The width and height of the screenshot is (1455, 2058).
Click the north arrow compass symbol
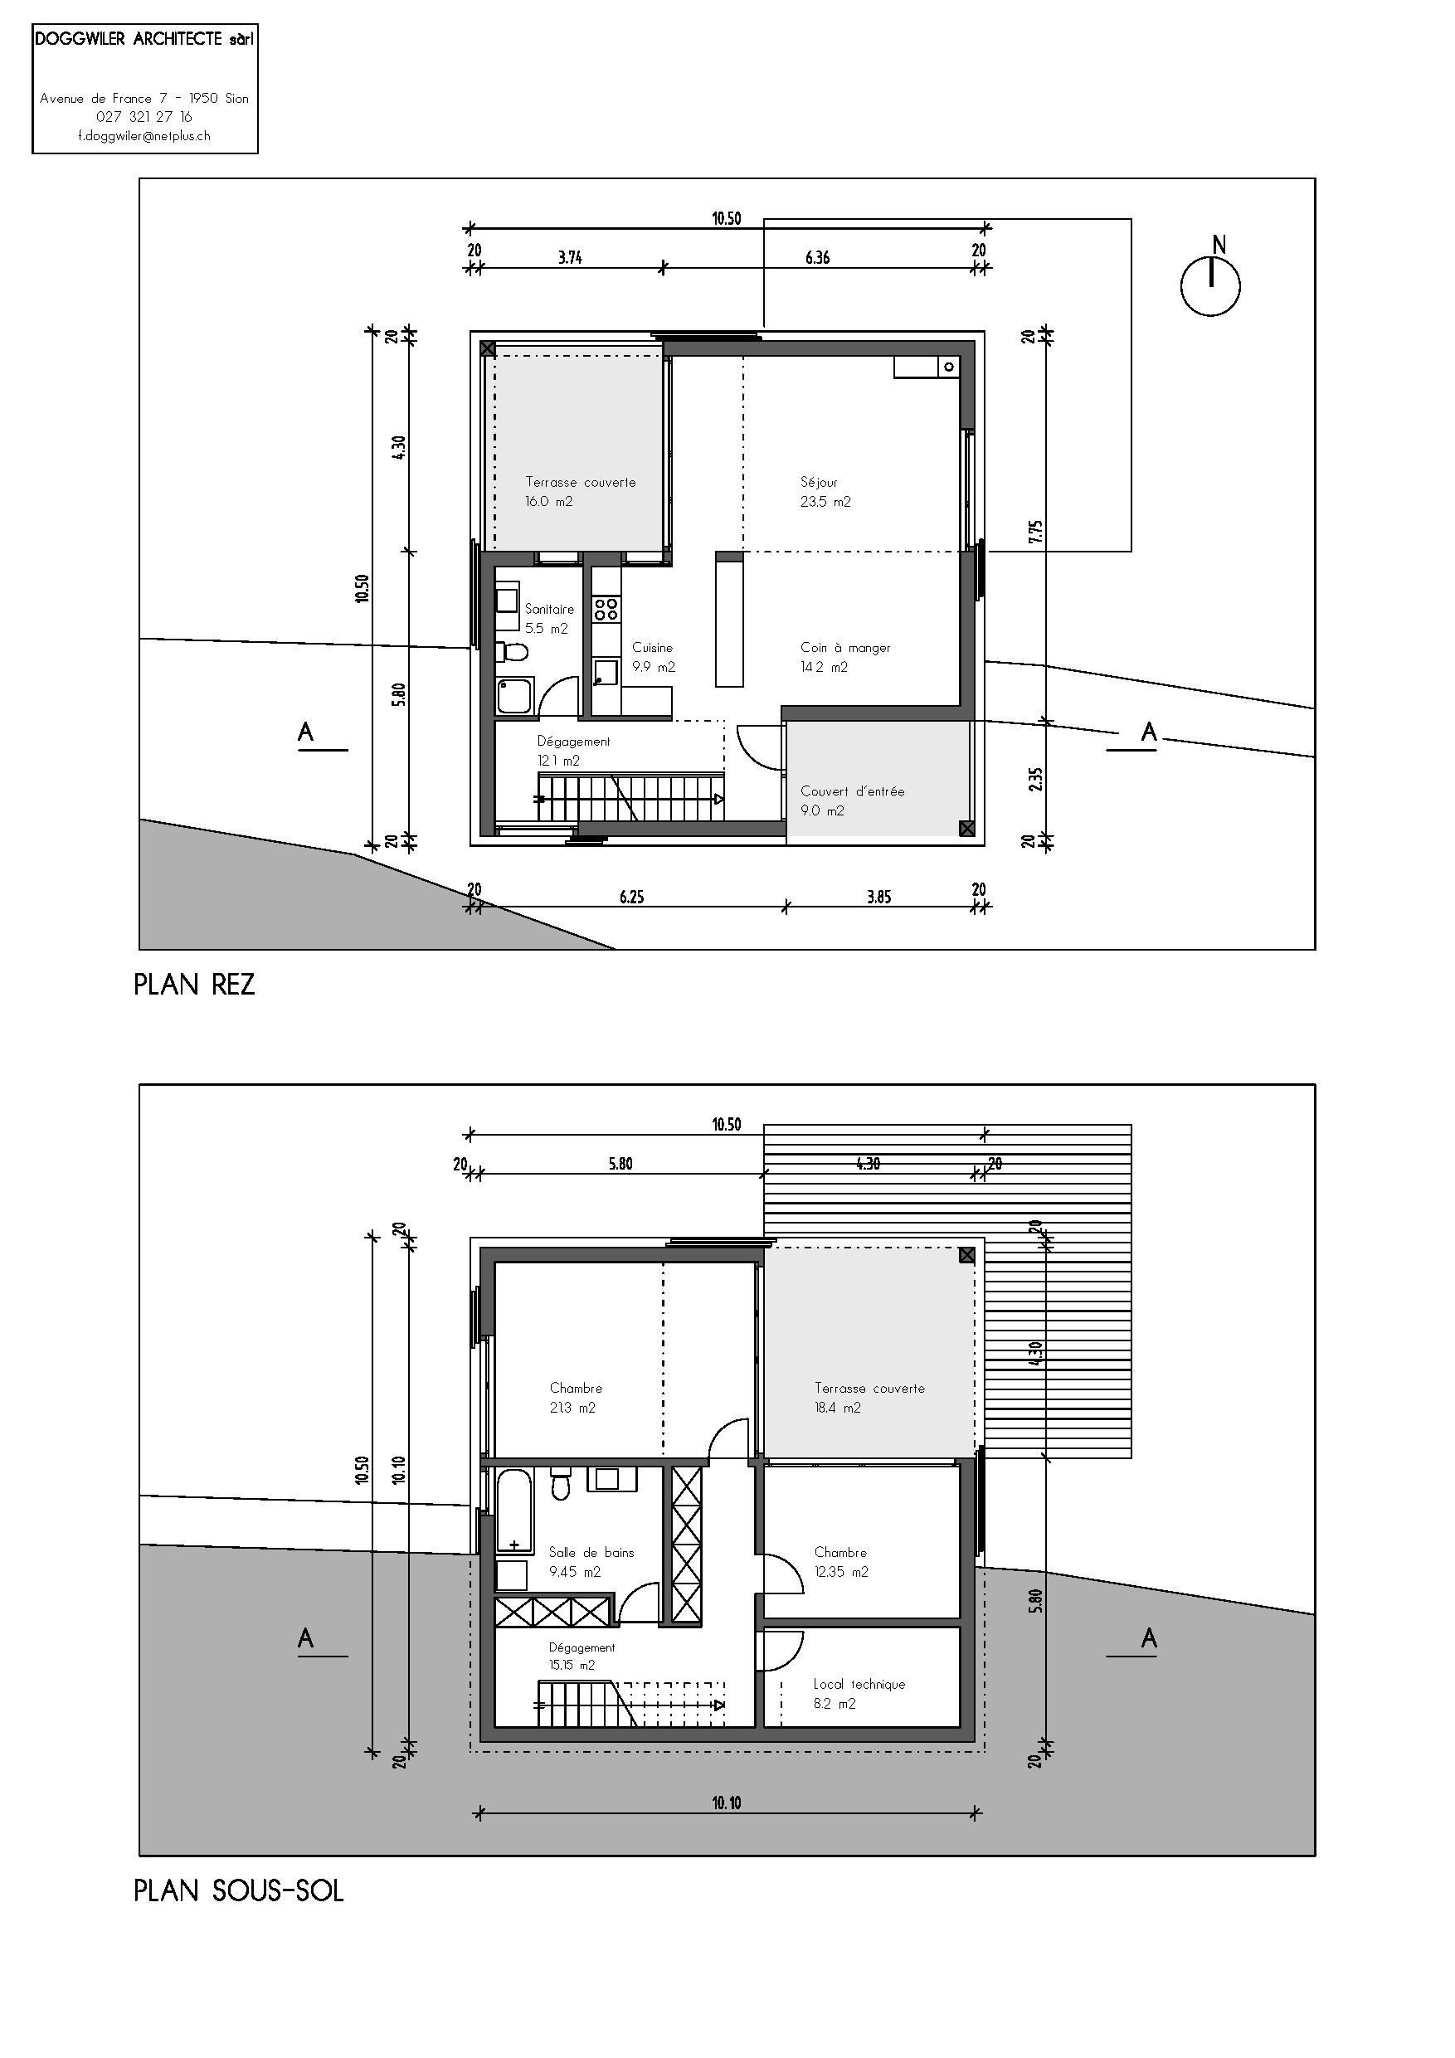tap(1209, 286)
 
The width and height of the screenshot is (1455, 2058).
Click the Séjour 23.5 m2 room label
tap(825, 492)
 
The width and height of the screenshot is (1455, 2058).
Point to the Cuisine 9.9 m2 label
tap(653, 656)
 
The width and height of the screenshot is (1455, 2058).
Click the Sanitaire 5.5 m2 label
tap(547, 619)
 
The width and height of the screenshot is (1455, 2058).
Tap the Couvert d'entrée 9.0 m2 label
tap(852, 800)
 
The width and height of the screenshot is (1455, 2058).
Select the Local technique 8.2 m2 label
tap(858, 1693)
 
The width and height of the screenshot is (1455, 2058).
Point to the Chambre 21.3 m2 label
tap(575, 1398)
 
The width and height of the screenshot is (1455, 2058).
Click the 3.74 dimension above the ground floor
tap(570, 257)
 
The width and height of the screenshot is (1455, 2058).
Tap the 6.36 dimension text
tap(817, 257)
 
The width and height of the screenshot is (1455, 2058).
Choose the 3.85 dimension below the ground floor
tap(878, 897)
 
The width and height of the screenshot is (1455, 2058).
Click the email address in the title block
tap(144, 136)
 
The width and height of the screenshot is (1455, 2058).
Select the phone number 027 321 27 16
tap(144, 116)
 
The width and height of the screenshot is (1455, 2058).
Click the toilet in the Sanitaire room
tap(513, 650)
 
